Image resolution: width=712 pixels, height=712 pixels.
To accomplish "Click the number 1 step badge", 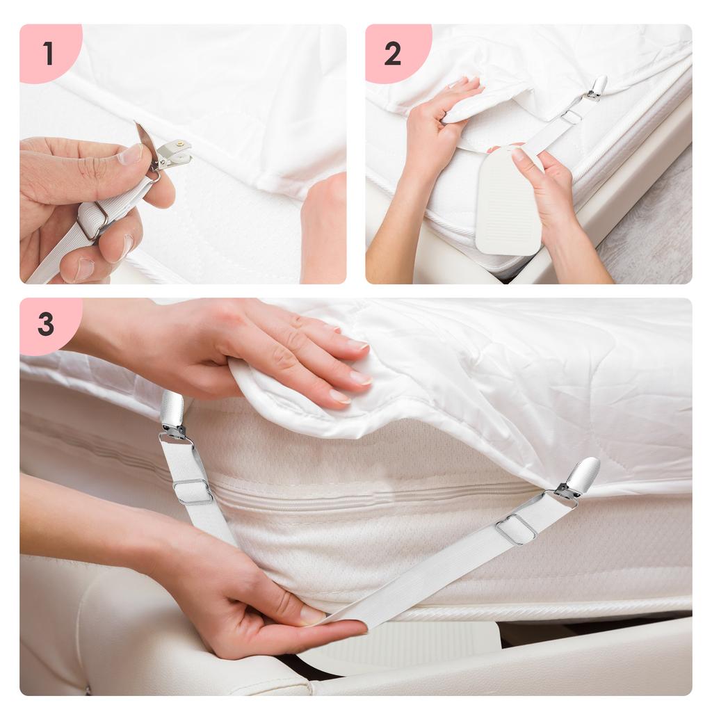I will tap(47, 53).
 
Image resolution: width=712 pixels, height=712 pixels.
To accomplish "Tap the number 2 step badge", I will tap(393, 54).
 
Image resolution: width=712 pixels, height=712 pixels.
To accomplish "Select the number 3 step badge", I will tap(46, 324).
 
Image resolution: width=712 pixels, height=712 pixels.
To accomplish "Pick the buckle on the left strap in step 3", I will tap(193, 491).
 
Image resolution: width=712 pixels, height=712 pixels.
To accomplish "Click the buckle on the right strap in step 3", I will tap(515, 528).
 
